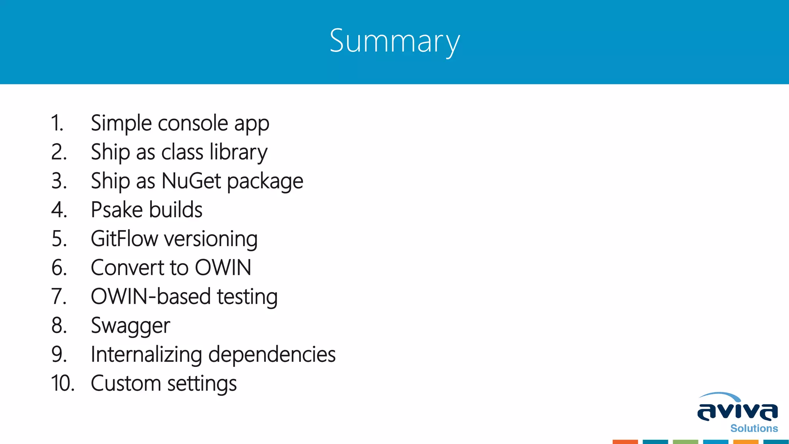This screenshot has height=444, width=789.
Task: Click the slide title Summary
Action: pos(394,42)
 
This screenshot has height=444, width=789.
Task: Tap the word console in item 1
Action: pos(193,123)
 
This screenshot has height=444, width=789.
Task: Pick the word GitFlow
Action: pos(124,239)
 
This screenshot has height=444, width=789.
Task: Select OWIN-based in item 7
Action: pos(151,297)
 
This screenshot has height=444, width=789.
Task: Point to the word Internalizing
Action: pos(146,355)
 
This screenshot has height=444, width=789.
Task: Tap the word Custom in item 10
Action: pos(126,383)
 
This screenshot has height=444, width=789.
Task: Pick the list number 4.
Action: pos(59,210)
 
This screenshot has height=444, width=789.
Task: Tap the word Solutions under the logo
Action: pos(754,429)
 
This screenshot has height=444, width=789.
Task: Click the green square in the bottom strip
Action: pos(685,442)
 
